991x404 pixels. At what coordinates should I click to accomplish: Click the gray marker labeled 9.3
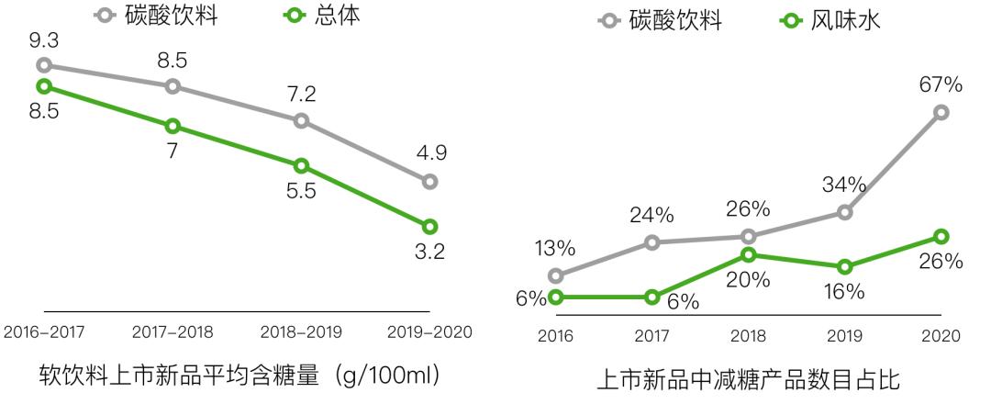44,65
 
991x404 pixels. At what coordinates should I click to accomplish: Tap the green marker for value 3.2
429,226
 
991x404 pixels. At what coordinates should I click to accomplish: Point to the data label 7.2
301,94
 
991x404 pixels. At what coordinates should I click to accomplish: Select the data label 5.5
301,195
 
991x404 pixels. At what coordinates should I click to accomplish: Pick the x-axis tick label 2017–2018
173,332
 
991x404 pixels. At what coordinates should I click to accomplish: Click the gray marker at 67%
941,112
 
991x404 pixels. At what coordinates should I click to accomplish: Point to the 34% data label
844,185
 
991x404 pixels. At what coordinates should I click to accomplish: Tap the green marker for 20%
748,254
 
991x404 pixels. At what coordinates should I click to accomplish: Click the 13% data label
555,248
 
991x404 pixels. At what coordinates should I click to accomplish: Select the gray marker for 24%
651,242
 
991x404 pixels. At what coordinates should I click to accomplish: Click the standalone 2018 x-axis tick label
748,336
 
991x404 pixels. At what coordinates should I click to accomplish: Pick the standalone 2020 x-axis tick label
941,336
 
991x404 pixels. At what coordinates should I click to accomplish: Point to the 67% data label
941,84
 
